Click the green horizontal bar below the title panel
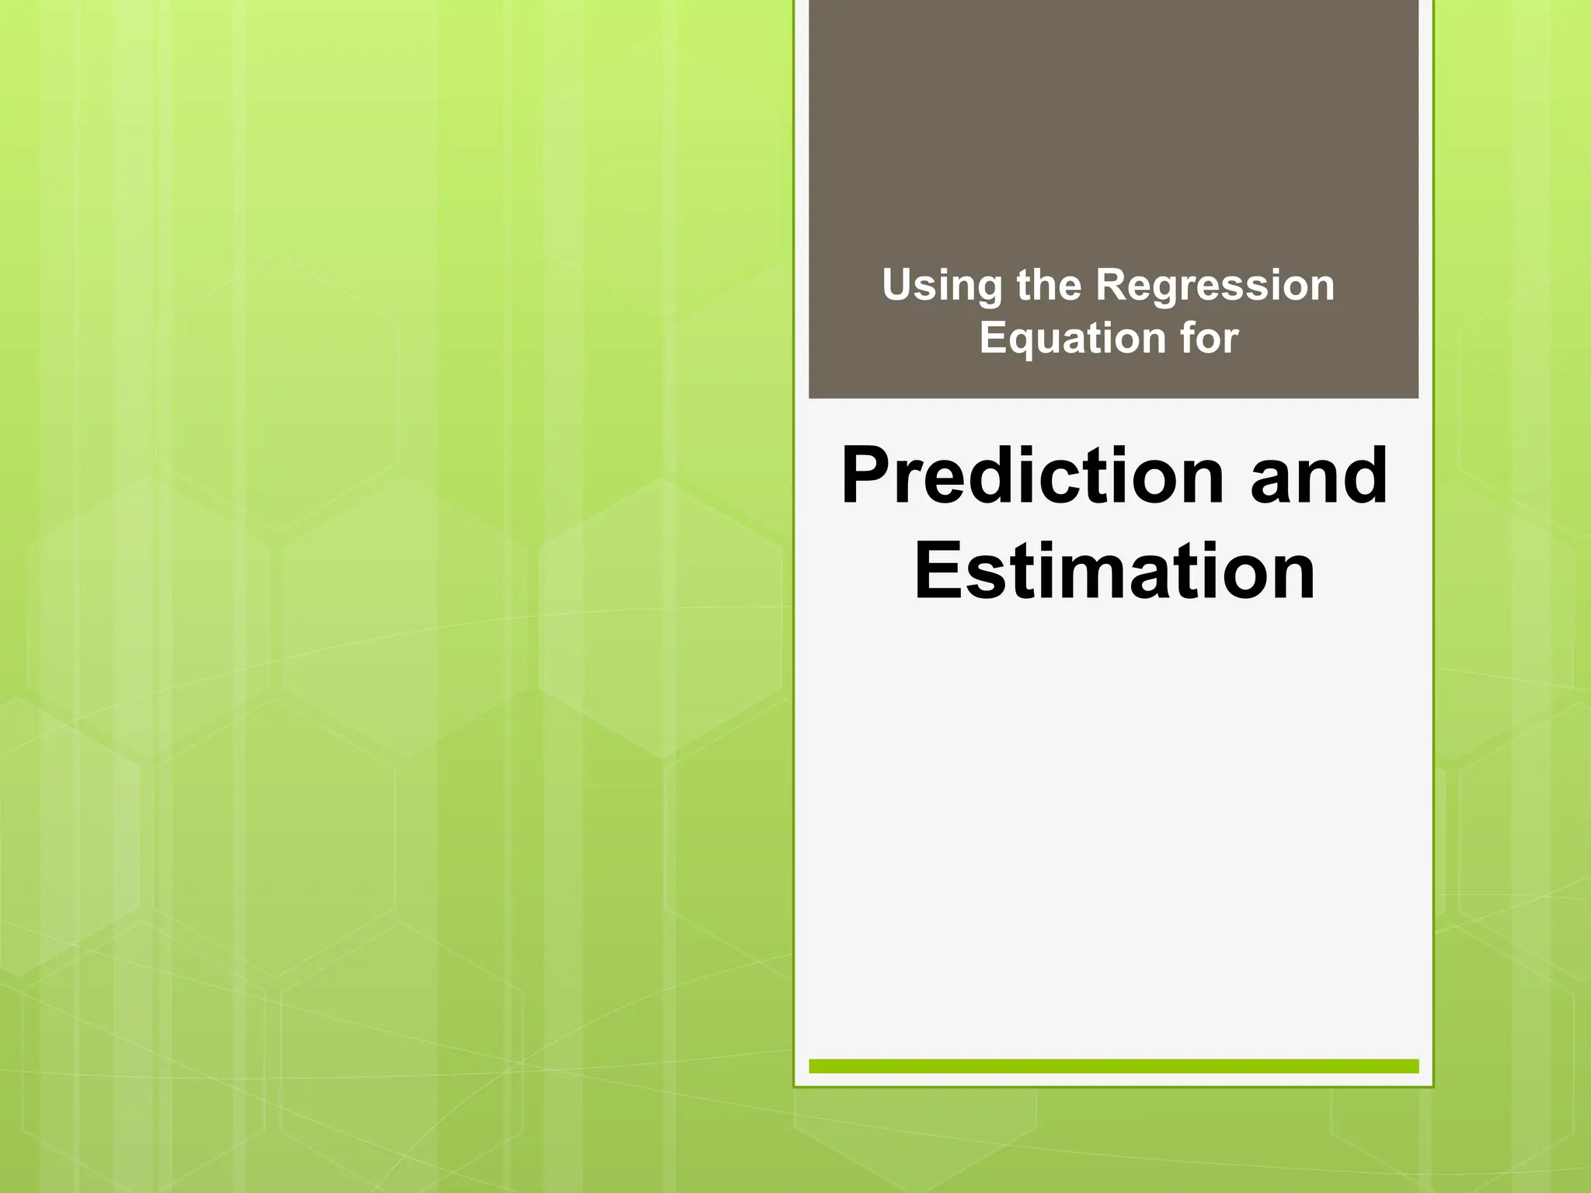[1113, 1066]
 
